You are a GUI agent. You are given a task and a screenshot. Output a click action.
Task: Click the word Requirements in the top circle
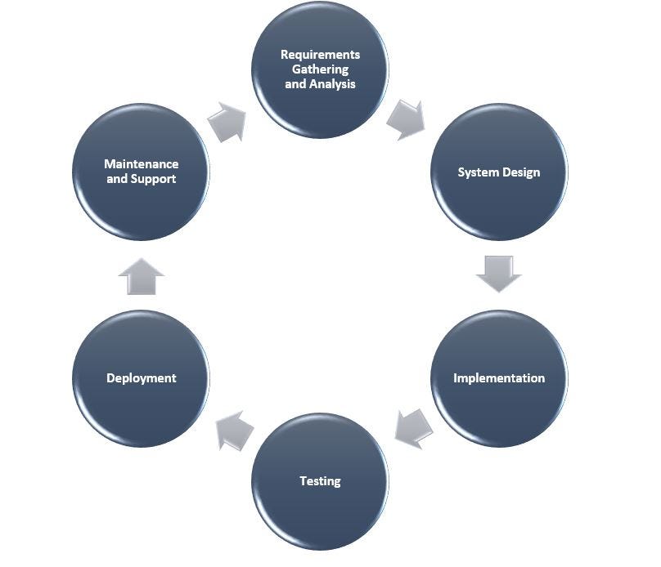tap(320, 55)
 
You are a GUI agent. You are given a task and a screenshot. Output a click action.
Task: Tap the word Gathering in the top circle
tap(320, 69)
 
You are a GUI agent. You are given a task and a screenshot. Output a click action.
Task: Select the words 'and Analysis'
tap(320, 84)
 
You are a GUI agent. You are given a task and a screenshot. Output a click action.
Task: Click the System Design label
tap(498, 172)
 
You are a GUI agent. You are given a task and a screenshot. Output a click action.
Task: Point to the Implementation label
tap(498, 378)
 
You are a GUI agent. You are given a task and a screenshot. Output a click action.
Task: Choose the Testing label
tap(320, 481)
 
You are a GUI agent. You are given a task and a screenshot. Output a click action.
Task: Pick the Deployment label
tap(141, 378)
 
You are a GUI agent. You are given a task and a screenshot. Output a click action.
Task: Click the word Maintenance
tap(141, 164)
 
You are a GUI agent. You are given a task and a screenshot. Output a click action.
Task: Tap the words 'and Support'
tap(141, 179)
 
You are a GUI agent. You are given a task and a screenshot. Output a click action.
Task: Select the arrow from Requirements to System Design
tap(407, 119)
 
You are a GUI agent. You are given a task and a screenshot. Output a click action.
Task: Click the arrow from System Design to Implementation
tap(498, 274)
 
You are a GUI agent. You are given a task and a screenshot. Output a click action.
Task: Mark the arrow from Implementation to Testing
tap(412, 428)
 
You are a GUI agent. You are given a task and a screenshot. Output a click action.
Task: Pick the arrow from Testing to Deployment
tap(234, 430)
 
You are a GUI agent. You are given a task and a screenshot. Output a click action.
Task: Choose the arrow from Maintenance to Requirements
tap(227, 122)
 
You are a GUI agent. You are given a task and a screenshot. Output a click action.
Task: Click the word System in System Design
tap(476, 172)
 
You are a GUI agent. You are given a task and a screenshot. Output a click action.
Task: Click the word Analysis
tap(332, 84)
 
